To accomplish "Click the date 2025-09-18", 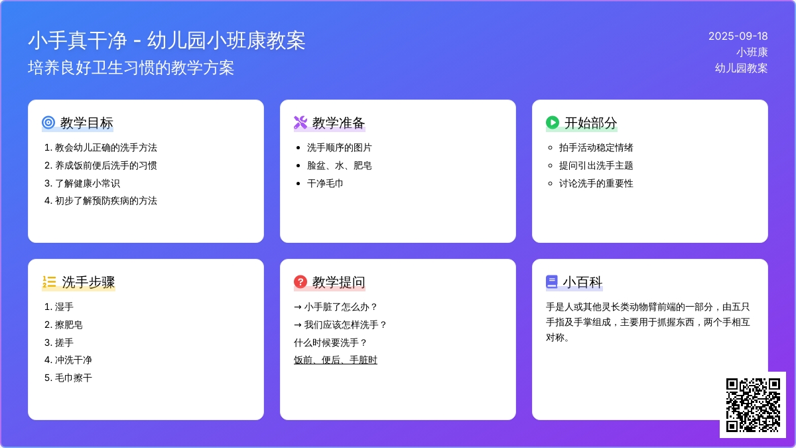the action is point(738,37).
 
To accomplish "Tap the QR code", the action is point(753,405).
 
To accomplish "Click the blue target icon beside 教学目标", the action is point(48,122).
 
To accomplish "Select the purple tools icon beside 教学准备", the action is point(300,122).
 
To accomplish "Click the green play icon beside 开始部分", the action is point(553,122).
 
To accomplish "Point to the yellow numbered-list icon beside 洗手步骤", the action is point(49,281).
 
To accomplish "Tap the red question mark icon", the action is point(300,281).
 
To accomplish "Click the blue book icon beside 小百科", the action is point(551,281).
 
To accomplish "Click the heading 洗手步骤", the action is point(88,282).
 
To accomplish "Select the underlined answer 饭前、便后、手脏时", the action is point(336,360).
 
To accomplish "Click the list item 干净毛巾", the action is point(325,183).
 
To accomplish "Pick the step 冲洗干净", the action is point(73,360).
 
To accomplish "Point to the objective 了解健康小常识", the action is point(88,183).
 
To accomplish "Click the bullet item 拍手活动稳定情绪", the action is point(596,147).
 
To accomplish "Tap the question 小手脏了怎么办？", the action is point(341,307).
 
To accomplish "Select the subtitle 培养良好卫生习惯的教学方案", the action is point(131,68).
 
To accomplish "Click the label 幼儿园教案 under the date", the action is point(742,68).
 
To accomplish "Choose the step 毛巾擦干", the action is point(73,378).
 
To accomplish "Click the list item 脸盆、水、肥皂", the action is point(340,165).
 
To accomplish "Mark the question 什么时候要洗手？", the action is point(330,342).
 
